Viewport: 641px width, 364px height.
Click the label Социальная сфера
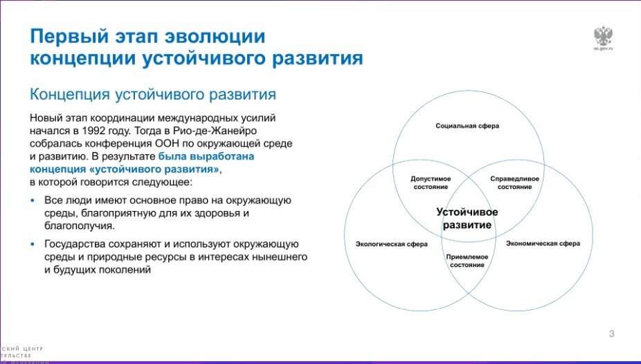(467, 126)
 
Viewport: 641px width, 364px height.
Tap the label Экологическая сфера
(391, 244)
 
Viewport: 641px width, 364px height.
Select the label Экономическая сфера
(543, 244)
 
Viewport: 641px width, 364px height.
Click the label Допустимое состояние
(431, 183)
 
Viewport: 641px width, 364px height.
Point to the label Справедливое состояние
(514, 183)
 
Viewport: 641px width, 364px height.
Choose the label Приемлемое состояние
(469, 261)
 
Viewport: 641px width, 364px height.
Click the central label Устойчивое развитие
(467, 219)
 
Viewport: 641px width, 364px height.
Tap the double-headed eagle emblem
(604, 36)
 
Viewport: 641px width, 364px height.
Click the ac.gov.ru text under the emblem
(604, 50)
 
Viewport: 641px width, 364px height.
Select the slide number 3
(611, 334)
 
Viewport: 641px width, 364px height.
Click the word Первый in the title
(68, 36)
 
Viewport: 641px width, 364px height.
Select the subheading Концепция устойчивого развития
(152, 93)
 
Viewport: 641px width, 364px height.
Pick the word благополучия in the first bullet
(76, 226)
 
